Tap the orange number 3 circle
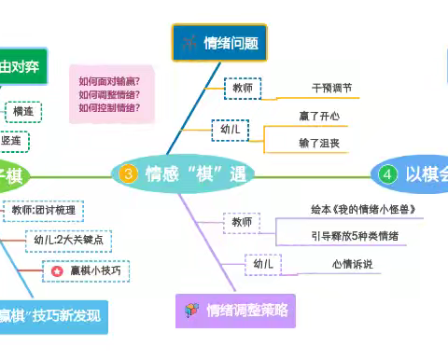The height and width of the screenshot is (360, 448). [x=129, y=173]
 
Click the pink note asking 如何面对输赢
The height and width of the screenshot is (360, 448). [x=116, y=94]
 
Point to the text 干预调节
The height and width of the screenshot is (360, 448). [x=331, y=89]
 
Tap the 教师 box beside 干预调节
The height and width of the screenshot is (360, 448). [x=242, y=88]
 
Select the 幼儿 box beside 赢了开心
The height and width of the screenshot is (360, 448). [x=229, y=130]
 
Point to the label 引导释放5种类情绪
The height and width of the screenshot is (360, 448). [x=356, y=236]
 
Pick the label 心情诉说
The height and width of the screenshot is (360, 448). [x=351, y=265]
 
